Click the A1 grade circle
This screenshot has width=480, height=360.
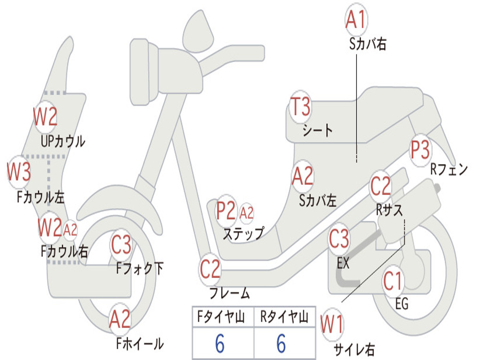coord(356,19)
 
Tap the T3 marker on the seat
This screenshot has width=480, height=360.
coord(300,107)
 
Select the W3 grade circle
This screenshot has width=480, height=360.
coord(19,172)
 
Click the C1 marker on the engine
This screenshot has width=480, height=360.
coord(393,281)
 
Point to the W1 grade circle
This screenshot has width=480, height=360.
coord(332,324)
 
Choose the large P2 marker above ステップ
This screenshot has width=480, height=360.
coord(226,211)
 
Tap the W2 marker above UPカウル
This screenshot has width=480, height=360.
coord(45,117)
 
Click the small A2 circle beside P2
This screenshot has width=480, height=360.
coord(247,213)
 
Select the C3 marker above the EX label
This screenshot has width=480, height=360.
coord(339,239)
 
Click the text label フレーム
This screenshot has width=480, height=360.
coord(230,294)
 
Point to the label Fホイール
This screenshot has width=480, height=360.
coord(140,344)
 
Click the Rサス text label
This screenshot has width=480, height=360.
coord(389,210)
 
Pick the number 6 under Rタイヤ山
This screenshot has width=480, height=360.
coord(281,344)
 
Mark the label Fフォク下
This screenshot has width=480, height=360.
coord(140,269)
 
